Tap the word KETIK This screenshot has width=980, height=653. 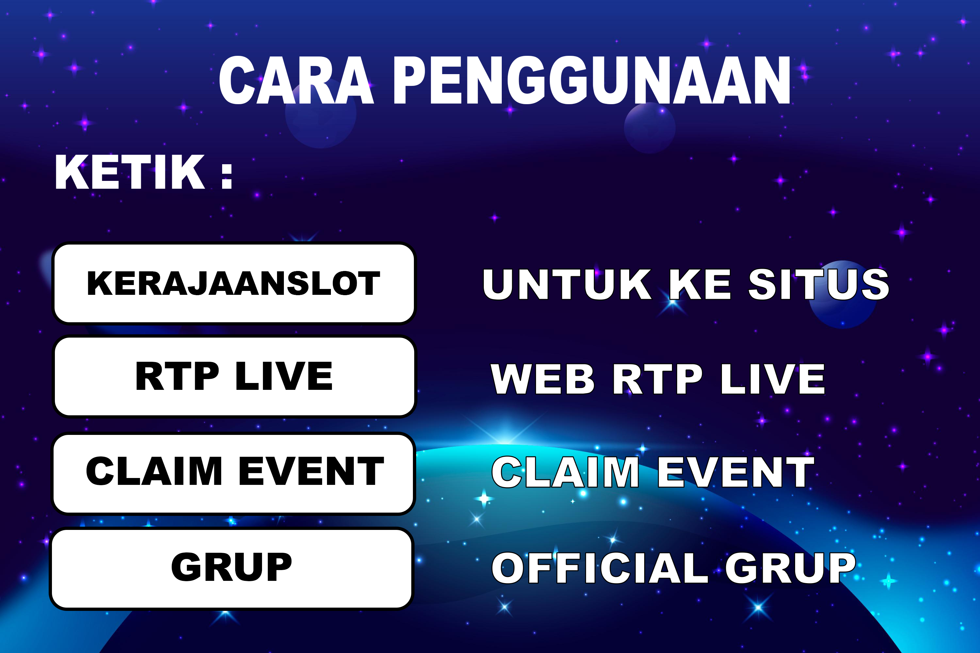130,172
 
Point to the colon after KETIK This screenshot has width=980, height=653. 227,176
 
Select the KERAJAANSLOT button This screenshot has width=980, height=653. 234,283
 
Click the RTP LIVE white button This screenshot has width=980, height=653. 234,376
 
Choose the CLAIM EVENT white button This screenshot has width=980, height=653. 233,473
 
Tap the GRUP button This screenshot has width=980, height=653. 232,569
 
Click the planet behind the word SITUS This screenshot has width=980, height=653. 842,295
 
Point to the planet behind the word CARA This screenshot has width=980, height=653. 320,113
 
